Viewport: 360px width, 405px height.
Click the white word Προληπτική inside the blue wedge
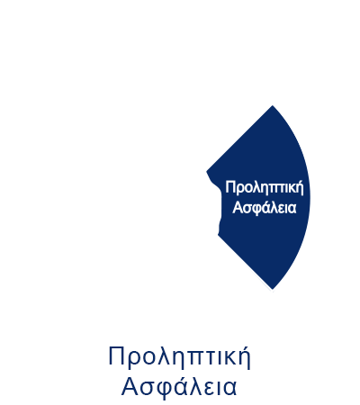tap(265, 188)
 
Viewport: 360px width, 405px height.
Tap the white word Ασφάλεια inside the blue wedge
tap(265, 207)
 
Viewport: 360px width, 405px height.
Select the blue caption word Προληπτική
tap(179, 357)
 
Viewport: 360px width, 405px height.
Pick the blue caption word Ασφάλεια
tap(179, 386)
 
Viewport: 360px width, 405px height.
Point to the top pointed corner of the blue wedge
tap(272, 106)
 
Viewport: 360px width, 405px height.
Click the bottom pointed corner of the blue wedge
tap(273, 289)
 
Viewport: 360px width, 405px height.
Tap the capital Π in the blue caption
tap(116, 355)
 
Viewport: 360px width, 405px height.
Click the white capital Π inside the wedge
tap(229, 187)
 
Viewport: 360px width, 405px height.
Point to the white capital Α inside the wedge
tap(238, 207)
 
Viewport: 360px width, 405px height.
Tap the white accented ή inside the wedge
tap(300, 188)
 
